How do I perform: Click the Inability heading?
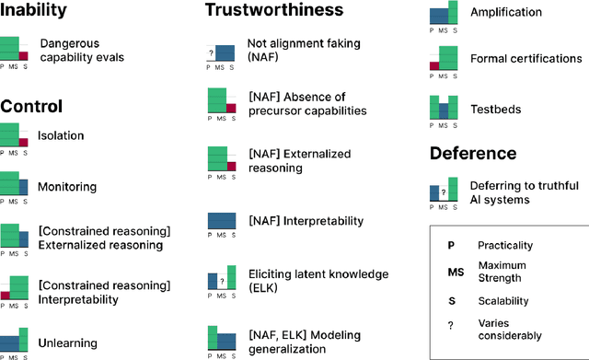coord(34,12)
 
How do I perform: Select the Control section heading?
coord(31,105)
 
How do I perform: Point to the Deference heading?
coord(473,153)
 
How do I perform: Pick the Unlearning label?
coord(69,343)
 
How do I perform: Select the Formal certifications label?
coord(525,59)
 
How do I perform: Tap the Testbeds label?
coord(495,109)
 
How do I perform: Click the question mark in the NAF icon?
coord(211,52)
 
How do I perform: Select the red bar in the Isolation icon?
coord(24,142)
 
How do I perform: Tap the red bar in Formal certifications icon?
coord(434,66)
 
